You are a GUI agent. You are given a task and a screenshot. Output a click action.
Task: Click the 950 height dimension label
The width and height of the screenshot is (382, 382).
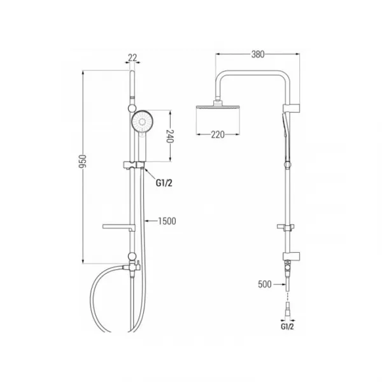[x=83, y=161]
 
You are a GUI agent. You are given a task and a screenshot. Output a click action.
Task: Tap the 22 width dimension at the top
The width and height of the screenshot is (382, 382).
[x=132, y=58]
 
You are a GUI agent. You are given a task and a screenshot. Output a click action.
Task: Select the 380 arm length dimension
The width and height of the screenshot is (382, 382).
[x=258, y=54]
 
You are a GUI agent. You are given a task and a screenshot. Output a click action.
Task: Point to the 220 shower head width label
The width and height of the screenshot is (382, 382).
[x=218, y=134]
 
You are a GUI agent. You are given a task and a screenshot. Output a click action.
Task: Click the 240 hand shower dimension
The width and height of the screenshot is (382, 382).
[x=170, y=136]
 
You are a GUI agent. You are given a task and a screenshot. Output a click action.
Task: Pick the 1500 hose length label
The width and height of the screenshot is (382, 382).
[x=167, y=221]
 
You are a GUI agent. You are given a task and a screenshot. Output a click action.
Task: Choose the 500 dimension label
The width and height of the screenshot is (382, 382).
[x=265, y=284]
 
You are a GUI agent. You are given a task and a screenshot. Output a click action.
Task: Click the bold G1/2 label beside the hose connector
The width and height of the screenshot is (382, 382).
[x=164, y=183]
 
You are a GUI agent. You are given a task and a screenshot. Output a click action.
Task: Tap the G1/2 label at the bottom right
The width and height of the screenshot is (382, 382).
[x=287, y=327]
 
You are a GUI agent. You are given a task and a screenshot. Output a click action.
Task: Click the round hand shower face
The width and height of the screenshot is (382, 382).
[x=142, y=121]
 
